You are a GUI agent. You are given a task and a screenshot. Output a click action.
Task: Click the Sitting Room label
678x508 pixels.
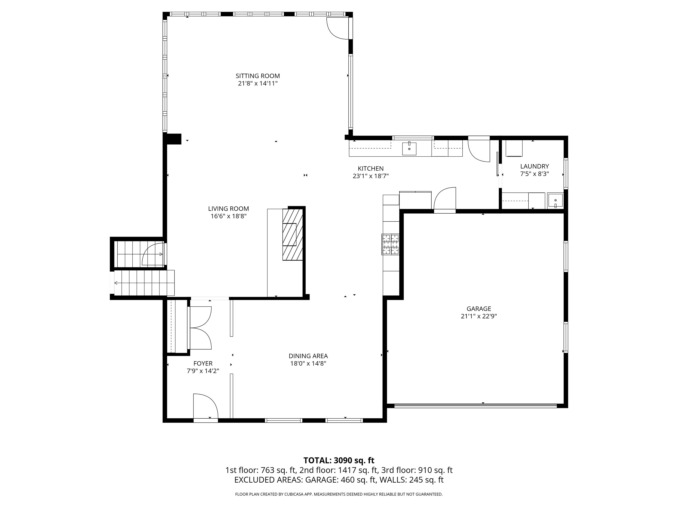click(x=258, y=76)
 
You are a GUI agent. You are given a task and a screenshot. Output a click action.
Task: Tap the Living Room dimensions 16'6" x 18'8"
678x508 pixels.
click(x=228, y=216)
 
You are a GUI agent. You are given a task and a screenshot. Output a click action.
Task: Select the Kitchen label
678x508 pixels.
click(x=371, y=168)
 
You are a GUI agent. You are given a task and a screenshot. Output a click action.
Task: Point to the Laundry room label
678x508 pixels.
click(x=534, y=166)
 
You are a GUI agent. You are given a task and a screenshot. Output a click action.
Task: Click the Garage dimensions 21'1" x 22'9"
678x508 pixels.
click(x=479, y=316)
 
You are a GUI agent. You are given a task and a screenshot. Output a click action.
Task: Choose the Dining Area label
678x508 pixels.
click(x=308, y=356)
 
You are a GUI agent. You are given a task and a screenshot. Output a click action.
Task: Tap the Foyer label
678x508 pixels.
click(x=203, y=363)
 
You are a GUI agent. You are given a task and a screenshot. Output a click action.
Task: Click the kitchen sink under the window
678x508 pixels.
click(x=409, y=149)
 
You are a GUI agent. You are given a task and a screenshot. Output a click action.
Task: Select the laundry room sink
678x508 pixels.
click(x=555, y=201)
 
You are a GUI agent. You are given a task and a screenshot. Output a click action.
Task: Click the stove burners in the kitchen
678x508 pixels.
click(x=390, y=244)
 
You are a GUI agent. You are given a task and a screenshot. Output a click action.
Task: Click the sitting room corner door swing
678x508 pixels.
click(x=338, y=28)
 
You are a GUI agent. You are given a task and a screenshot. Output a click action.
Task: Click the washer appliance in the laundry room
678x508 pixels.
click(x=514, y=148)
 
